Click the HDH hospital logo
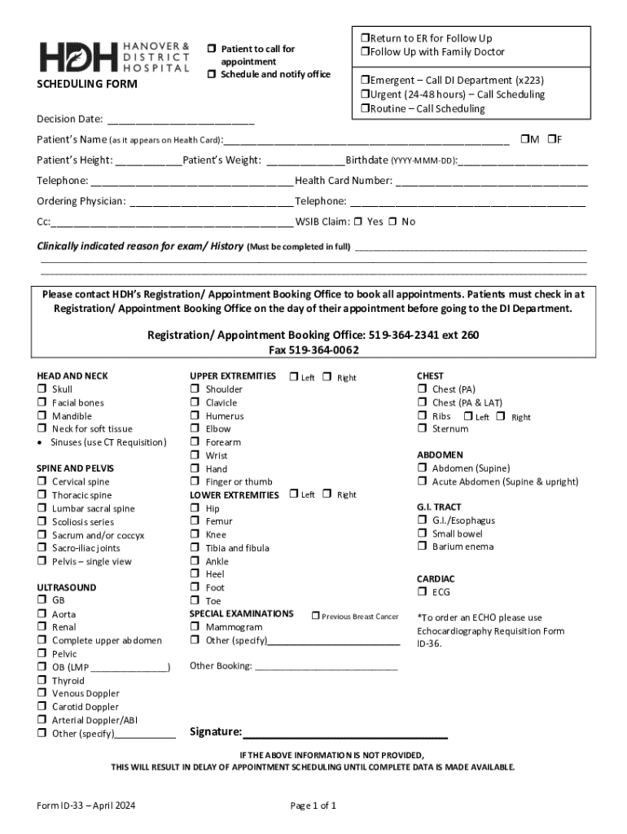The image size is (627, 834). point(113,56)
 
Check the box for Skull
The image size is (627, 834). point(41,389)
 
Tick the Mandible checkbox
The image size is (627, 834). point(41,416)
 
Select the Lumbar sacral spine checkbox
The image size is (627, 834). point(41,509)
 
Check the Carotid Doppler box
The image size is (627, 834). point(41,707)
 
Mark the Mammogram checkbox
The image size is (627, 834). point(195,627)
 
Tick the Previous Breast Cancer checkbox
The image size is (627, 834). point(315,617)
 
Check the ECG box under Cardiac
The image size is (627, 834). point(422,592)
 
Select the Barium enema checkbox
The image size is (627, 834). point(422,546)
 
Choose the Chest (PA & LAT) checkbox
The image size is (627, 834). point(422,402)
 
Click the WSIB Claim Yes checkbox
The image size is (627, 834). point(359,222)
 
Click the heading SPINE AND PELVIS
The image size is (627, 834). point(76,468)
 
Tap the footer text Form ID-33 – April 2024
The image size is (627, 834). point(86,806)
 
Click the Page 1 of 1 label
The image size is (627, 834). point(313,806)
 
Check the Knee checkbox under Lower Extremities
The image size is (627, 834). point(195,535)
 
